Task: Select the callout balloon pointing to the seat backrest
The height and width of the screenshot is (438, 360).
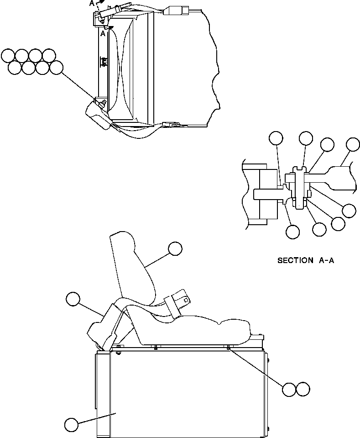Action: [175, 248]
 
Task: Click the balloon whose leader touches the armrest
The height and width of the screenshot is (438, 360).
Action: [72, 299]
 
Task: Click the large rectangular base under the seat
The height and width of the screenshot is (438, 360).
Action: [183, 393]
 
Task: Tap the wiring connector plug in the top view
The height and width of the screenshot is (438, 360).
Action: [176, 10]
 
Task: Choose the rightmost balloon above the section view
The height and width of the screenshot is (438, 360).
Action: [353, 144]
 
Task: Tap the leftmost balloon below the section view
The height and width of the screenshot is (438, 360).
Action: [292, 232]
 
